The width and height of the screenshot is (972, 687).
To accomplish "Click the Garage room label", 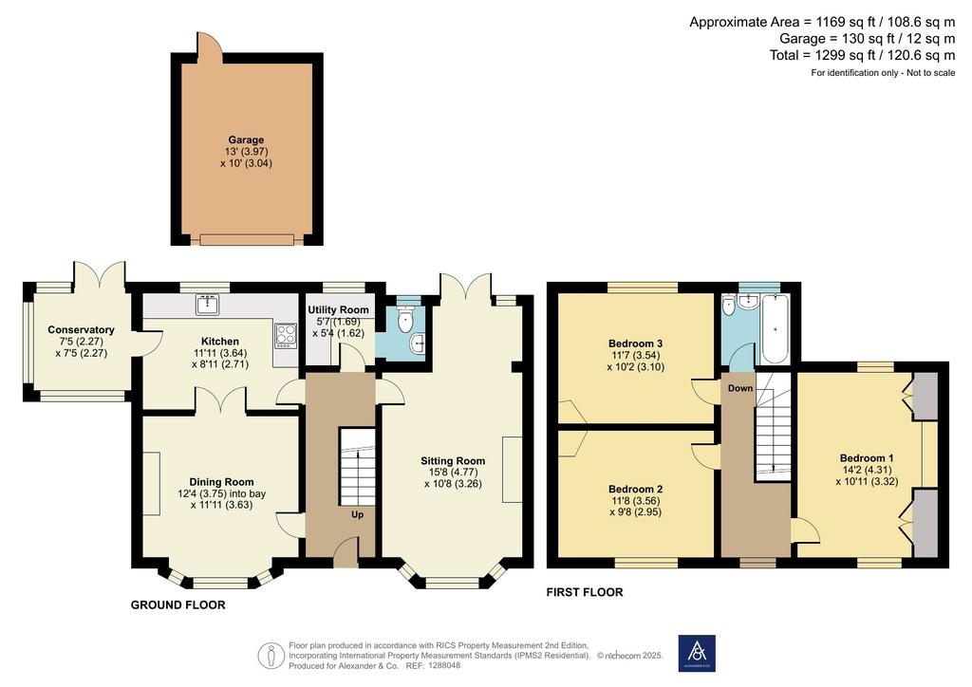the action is [246, 140].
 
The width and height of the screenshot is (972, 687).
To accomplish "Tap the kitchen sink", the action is [205, 305].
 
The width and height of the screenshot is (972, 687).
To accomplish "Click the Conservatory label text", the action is [81, 329].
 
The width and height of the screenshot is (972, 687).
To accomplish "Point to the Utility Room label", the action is [338, 309].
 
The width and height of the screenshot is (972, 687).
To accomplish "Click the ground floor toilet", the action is [406, 319].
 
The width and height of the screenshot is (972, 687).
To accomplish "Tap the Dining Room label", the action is [221, 482].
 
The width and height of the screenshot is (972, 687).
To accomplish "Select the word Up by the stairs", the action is [358, 515].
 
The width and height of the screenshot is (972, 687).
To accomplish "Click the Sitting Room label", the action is [453, 461].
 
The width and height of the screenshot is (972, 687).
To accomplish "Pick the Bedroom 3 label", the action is [635, 343].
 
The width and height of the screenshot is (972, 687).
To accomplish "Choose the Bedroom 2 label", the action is [635, 490].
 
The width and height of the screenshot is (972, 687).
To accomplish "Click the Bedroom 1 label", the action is [867, 458].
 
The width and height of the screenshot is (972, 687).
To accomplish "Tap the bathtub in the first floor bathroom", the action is [775, 329].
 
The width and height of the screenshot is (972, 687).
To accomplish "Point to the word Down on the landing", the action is [740, 388].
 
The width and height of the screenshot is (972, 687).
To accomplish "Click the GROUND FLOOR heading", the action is [178, 605].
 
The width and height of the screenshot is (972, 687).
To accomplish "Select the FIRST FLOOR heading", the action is [585, 593].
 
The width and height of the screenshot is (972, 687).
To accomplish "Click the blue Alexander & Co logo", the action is [697, 653].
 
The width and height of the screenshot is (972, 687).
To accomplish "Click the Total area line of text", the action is [862, 55].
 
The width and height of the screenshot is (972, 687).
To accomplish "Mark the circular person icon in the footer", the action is [271, 656].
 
